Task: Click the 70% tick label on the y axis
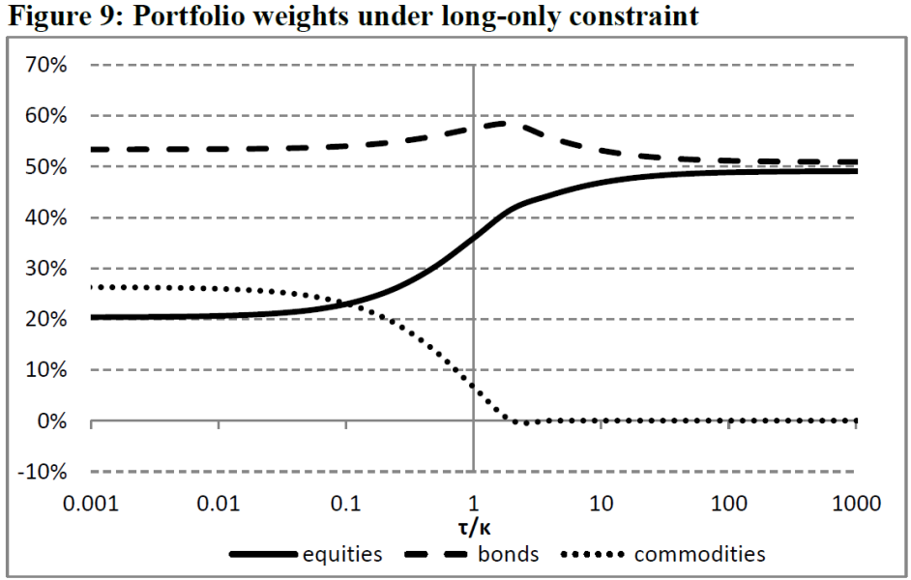tap(46, 65)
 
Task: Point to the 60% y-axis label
tap(46, 116)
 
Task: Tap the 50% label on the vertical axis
tap(46, 167)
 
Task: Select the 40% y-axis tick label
tap(46, 217)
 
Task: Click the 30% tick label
tap(46, 269)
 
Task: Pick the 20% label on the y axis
tap(46, 319)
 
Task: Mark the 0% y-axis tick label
tap(52, 420)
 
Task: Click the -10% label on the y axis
tap(43, 472)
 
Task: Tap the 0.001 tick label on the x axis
tap(91, 503)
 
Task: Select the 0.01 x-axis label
tap(219, 503)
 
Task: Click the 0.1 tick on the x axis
tap(345, 503)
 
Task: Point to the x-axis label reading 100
tap(728, 503)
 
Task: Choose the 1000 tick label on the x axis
tap(857, 503)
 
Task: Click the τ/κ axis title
tap(474, 527)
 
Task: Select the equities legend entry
tap(307, 555)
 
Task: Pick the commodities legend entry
tap(663, 555)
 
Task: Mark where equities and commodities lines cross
tap(347, 304)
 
